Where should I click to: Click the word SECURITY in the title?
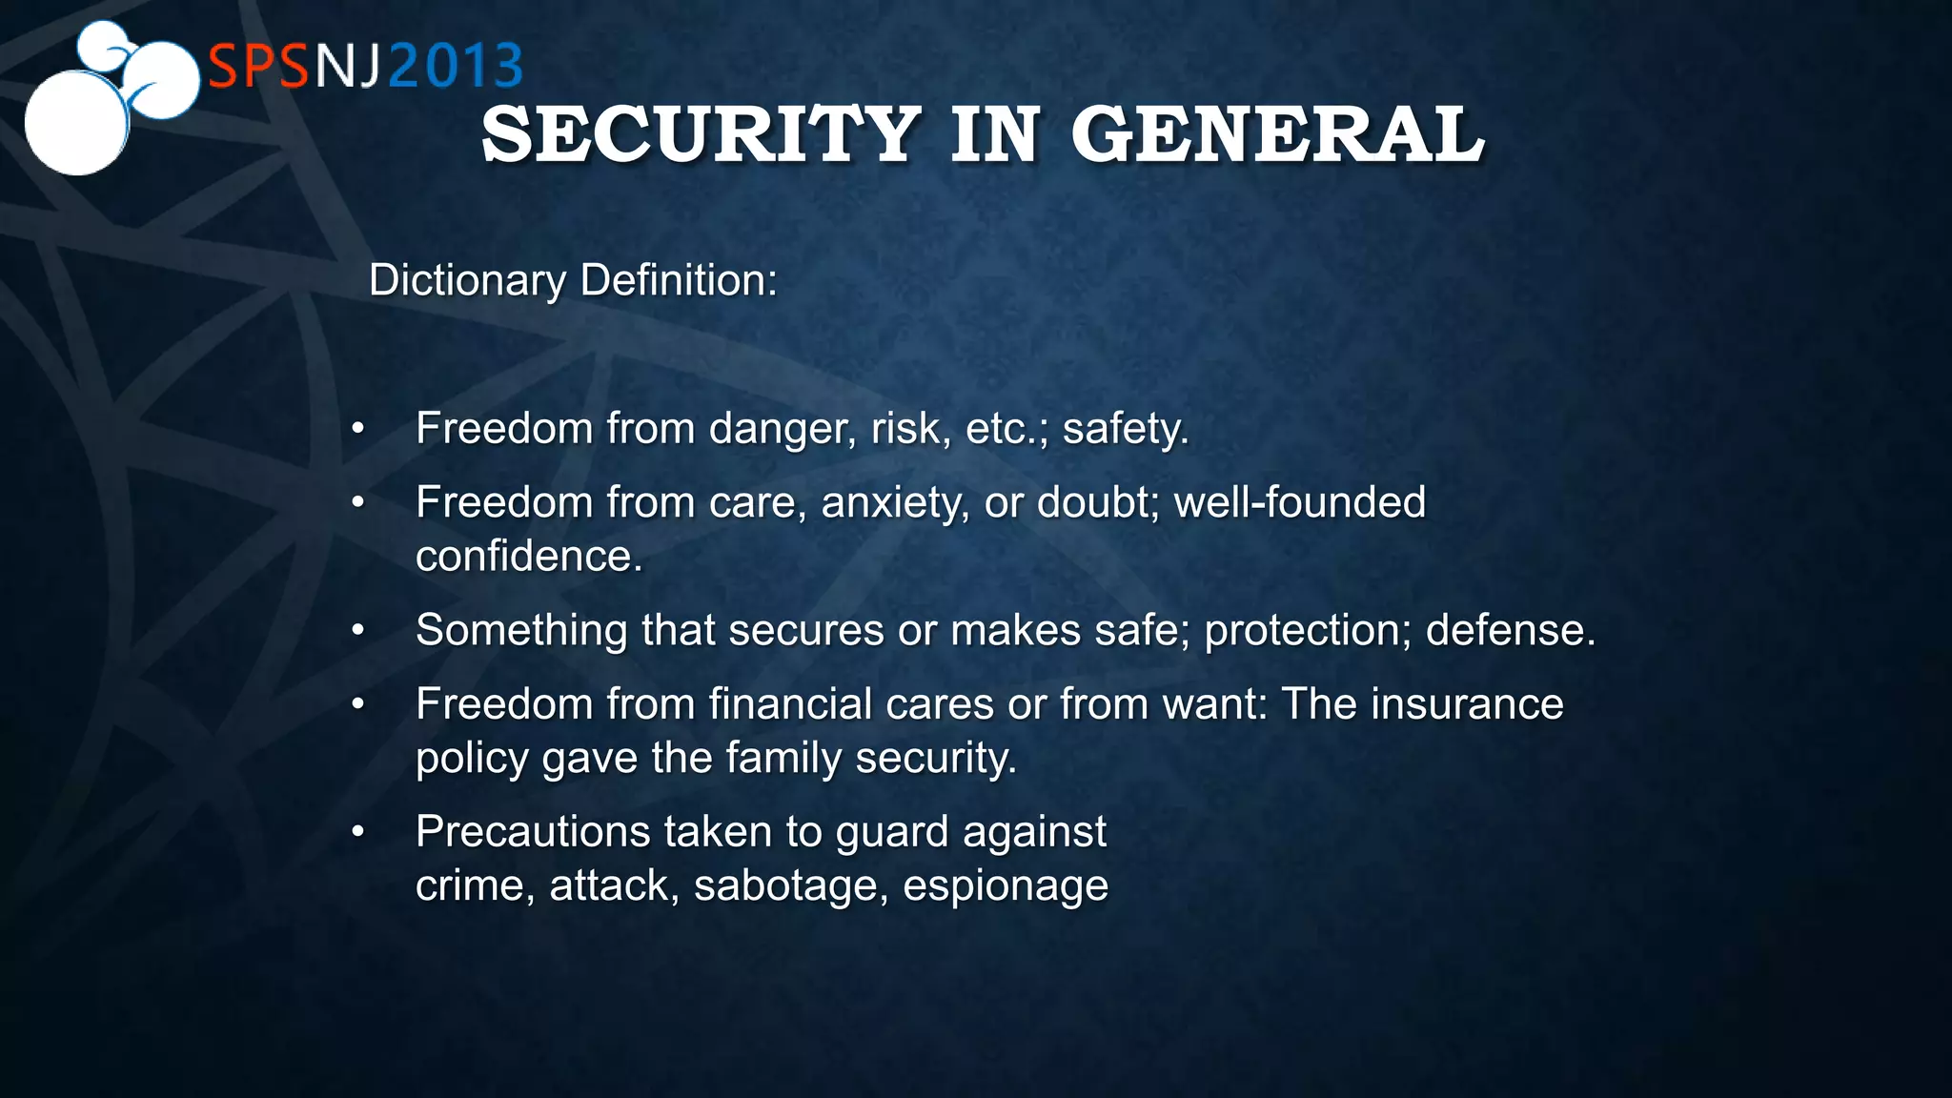[701, 134]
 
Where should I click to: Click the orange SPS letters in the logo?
[259, 67]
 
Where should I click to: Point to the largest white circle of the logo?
[75, 123]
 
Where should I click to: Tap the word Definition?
[679, 280]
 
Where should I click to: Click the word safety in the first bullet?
[1125, 429]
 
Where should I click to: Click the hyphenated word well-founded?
[1299, 502]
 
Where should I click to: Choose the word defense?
[1510, 630]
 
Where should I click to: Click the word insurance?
[1467, 704]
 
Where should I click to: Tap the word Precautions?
[533, 831]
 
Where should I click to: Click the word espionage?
[1006, 886]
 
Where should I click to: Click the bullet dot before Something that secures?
[357, 630]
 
